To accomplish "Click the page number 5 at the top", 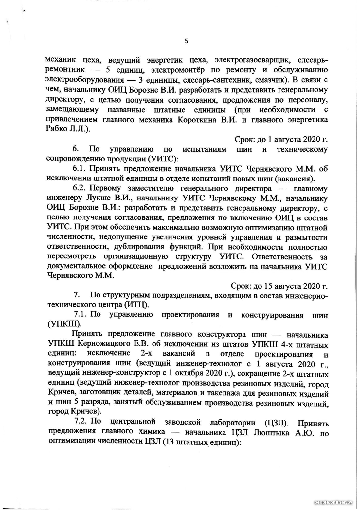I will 187,41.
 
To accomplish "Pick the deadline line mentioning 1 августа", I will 281,139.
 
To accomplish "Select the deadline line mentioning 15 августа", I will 279,286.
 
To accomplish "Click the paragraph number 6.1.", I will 79,169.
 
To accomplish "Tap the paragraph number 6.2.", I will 79,189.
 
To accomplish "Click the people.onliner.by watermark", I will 333,502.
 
